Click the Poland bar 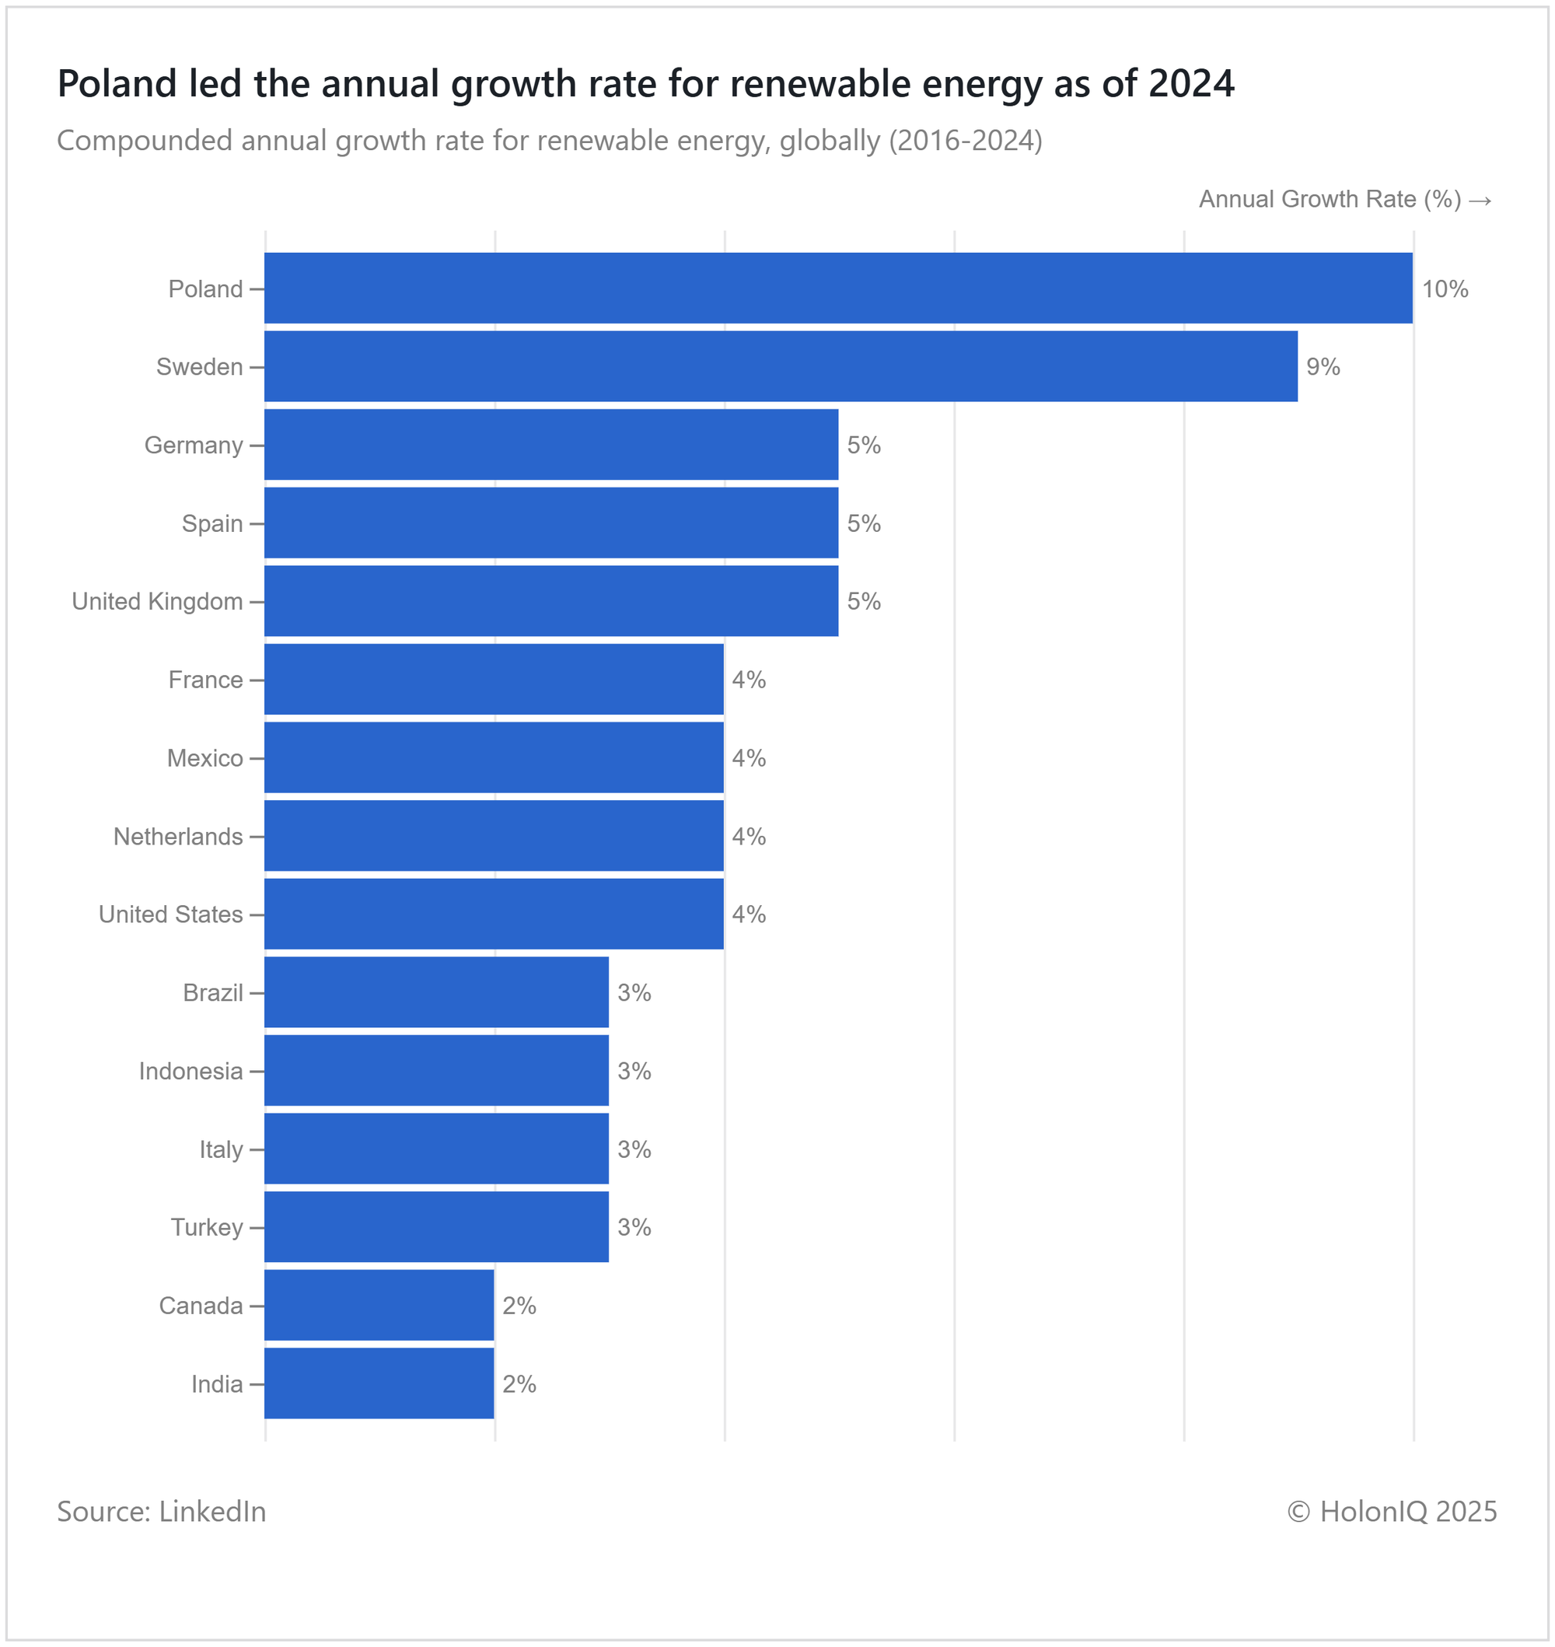838,288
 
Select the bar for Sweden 781,366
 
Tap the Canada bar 379,1305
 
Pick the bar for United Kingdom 551,601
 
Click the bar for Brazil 436,992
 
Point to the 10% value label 1445,288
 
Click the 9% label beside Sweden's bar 1323,366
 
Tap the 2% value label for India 519,1383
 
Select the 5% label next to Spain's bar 863,523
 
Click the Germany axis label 193,445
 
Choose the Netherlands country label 177,837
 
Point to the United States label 170,914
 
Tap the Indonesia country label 190,1071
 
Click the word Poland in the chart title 117,84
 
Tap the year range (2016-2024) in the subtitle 965,141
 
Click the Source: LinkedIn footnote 161,1511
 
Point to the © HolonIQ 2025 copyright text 1392,1511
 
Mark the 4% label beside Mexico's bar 749,757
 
